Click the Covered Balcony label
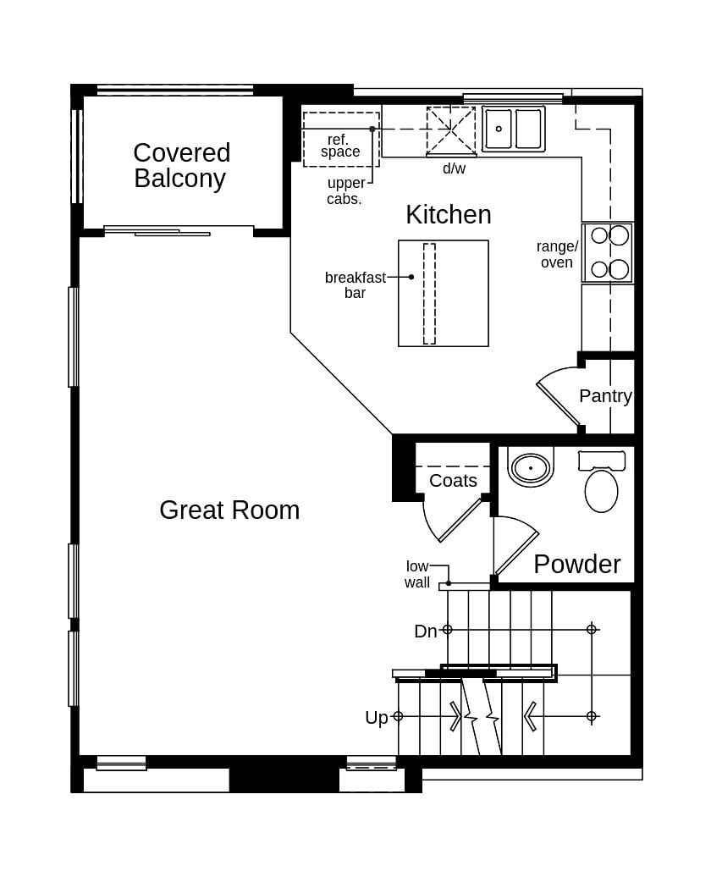(181, 166)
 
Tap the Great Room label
(229, 510)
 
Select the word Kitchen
(448, 215)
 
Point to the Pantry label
(605, 396)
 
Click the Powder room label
(576, 564)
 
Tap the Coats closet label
(453, 481)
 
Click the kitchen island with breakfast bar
(443, 294)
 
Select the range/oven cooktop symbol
(608, 253)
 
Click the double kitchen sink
(514, 130)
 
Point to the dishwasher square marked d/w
(450, 131)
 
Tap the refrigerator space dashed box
(341, 140)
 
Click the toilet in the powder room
(601, 482)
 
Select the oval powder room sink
(531, 467)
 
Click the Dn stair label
(425, 631)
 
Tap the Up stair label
(377, 717)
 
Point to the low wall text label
(417, 575)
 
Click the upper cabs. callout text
(345, 190)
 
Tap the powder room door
(515, 549)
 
